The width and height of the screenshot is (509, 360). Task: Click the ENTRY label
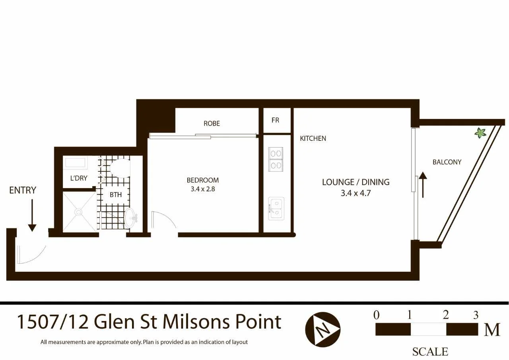click(23, 191)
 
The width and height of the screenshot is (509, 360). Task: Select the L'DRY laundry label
click(79, 178)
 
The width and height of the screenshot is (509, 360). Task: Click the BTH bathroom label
click(116, 195)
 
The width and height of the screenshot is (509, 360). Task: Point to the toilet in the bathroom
click(120, 168)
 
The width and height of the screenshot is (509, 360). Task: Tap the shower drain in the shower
click(79, 212)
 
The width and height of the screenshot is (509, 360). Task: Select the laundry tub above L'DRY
click(76, 163)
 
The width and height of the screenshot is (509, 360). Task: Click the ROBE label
click(212, 124)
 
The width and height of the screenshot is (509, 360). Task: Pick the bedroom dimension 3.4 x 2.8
click(203, 189)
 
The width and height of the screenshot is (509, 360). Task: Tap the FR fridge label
click(275, 120)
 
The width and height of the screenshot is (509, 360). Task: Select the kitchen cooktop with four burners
click(276, 159)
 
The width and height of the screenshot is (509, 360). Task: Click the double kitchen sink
click(276, 208)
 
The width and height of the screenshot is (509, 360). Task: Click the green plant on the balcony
click(480, 132)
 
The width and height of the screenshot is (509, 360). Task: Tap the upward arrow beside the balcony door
click(423, 185)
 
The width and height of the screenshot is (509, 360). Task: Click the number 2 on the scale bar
click(446, 315)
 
